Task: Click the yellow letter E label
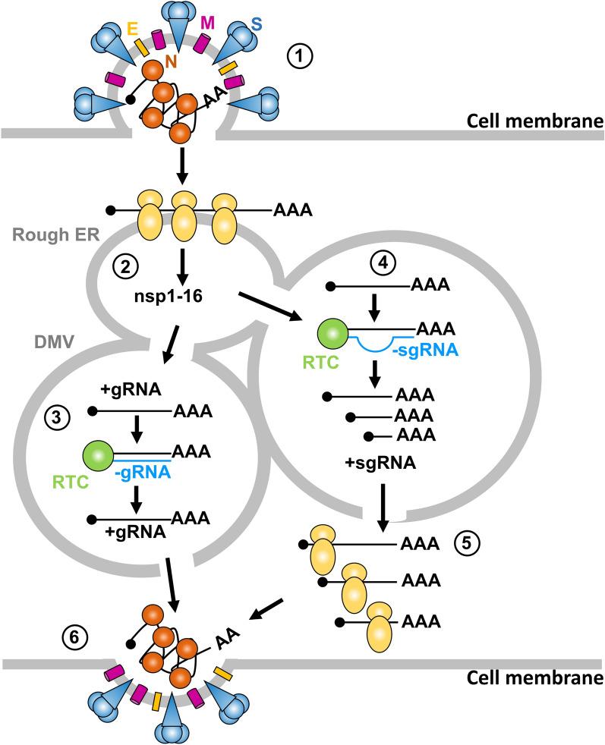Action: coord(133,27)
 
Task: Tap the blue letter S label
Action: coord(257,24)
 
